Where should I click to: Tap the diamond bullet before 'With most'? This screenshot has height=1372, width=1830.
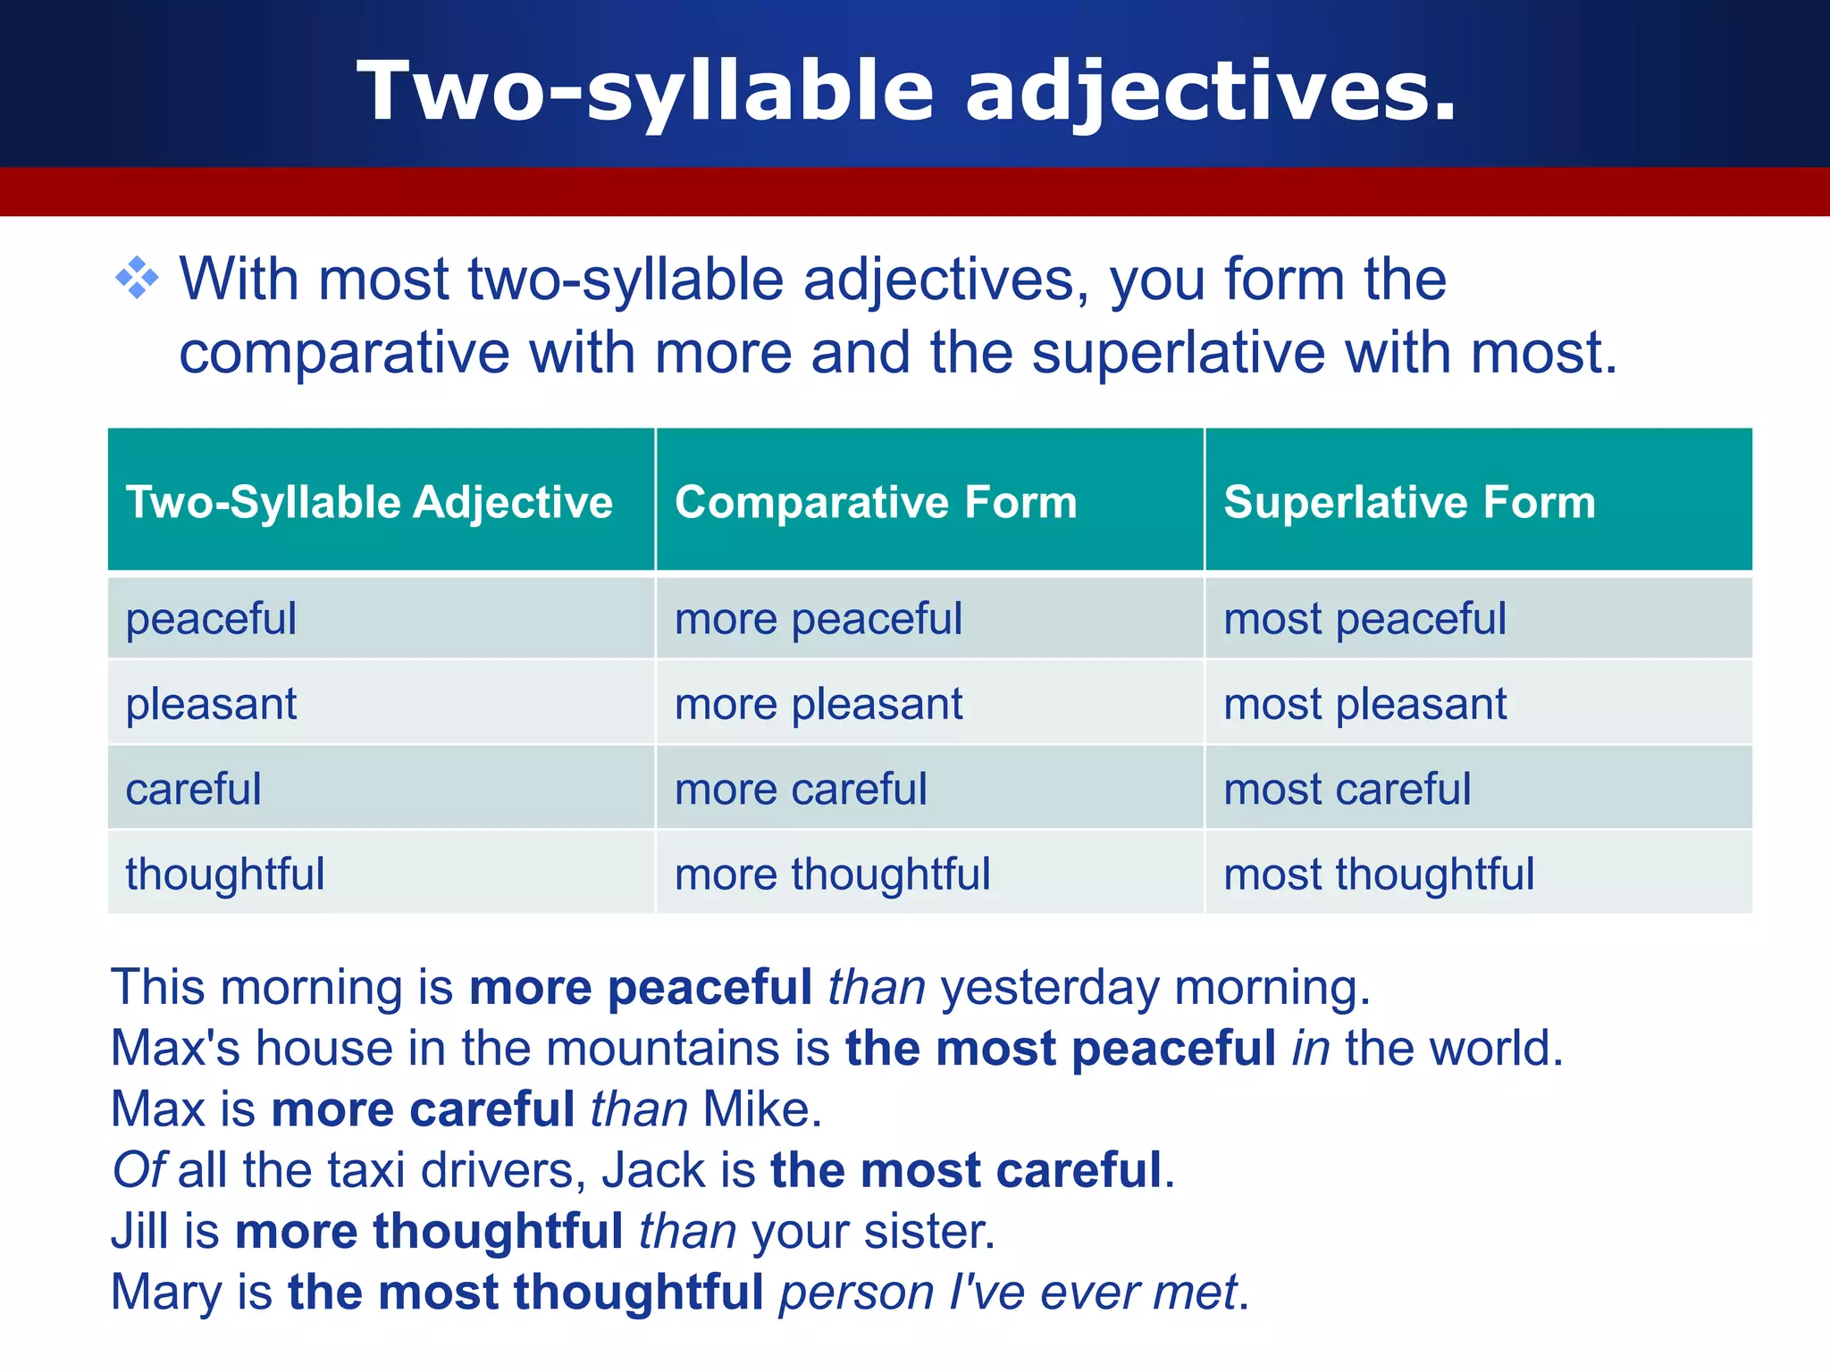click(x=137, y=279)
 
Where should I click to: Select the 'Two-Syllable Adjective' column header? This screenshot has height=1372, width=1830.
click(x=369, y=501)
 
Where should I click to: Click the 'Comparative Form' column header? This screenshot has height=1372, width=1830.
click(x=876, y=501)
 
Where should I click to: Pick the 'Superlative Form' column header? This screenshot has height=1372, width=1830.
click(x=1409, y=501)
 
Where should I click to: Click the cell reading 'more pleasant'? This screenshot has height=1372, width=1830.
click(x=818, y=704)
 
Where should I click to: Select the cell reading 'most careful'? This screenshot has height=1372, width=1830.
click(x=1347, y=789)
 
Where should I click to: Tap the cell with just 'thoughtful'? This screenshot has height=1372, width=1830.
click(x=225, y=874)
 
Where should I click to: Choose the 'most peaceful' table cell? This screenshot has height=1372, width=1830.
click(x=1364, y=619)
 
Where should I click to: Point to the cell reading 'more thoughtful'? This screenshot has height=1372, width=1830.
click(x=832, y=874)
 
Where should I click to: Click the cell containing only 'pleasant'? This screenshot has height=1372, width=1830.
click(x=211, y=704)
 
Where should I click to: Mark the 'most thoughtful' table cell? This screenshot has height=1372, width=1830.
click(x=1379, y=874)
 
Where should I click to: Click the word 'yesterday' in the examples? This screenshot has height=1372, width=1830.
click(x=1050, y=988)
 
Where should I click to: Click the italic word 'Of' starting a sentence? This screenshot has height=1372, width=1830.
click(x=139, y=1170)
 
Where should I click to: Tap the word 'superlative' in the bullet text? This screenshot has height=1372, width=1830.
click(x=1179, y=353)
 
